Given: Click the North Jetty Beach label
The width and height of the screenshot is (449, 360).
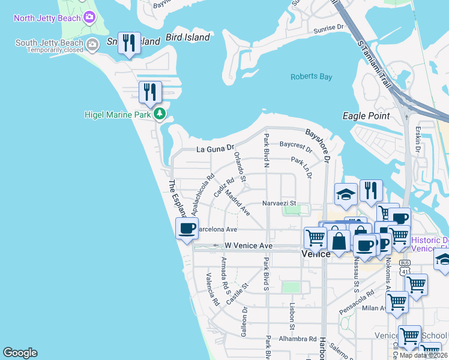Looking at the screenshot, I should click(x=48, y=17).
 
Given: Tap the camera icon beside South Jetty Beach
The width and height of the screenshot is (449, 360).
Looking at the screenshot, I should click(x=92, y=44).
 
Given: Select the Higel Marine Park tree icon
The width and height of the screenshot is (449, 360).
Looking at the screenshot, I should click(x=159, y=113).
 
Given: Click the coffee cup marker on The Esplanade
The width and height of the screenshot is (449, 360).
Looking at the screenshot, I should click(x=187, y=228).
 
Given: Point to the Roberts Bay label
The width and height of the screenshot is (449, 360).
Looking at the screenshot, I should click(x=311, y=77).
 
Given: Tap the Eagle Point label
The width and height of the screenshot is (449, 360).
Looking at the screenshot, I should click(x=366, y=116).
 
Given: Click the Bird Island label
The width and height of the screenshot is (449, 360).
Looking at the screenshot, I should click(x=187, y=38).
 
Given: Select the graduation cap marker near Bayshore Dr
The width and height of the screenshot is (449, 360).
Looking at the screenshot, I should click(x=346, y=194).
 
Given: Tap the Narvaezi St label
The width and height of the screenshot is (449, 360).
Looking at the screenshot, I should click(x=280, y=203).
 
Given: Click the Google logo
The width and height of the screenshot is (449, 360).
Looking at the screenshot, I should click(x=20, y=353).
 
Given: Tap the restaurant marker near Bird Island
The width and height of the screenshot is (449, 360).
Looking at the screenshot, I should click(x=129, y=43).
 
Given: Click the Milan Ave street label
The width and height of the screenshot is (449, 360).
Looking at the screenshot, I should click(x=373, y=308).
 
